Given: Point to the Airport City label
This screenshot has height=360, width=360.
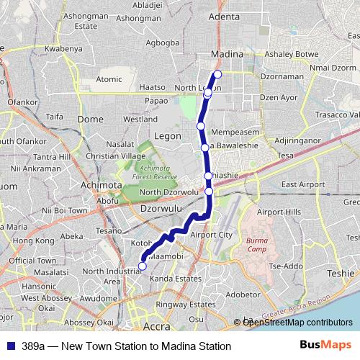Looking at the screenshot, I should coord(211,235).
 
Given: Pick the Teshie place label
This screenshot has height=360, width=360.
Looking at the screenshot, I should coord(341,273).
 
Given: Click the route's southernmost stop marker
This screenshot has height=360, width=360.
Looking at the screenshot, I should coord(142,266).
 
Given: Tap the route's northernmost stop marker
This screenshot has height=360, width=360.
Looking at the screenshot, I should coord(217,74).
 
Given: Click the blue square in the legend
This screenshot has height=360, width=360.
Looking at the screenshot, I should coord(11,346).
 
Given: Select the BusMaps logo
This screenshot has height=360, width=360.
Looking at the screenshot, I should coord(326,346).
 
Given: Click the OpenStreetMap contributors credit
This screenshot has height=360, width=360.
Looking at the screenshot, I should coord(293,323).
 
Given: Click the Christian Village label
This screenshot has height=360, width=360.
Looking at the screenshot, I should coord(116,156).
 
